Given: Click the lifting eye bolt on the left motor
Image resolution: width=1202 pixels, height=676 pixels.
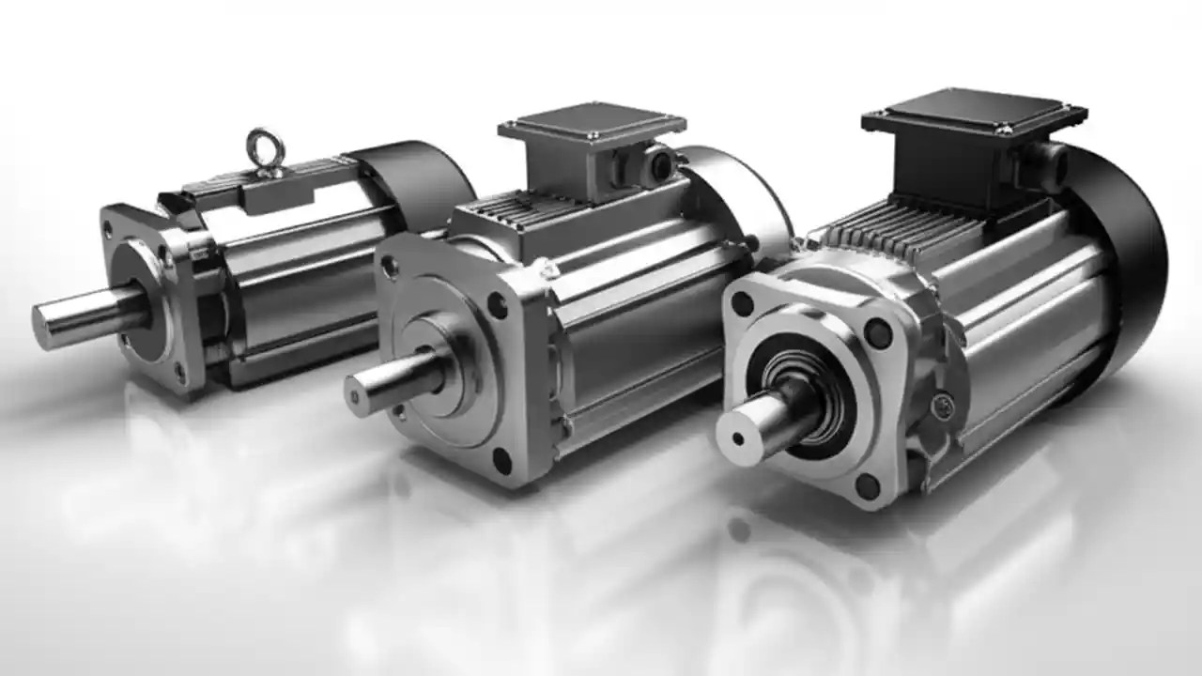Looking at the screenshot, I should [266, 151].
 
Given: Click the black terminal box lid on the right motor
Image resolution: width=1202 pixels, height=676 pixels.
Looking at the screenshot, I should [975, 114].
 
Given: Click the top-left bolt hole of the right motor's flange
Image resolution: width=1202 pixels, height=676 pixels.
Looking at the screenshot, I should [744, 304].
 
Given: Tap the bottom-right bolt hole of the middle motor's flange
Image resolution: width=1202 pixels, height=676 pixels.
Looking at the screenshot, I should [501, 460].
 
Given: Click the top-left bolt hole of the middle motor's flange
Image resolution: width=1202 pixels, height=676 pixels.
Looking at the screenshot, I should [391, 269].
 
